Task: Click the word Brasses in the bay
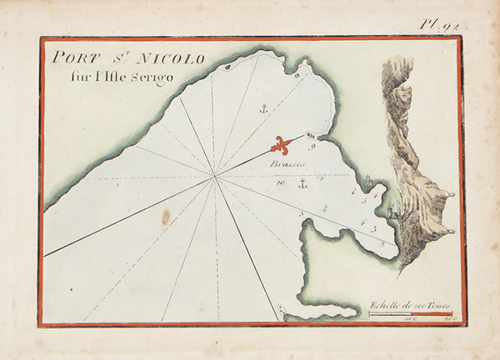[x=287, y=165]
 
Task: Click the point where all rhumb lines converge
[x=216, y=176]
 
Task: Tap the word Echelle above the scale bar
[x=386, y=305]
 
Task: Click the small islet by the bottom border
[x=282, y=313]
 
